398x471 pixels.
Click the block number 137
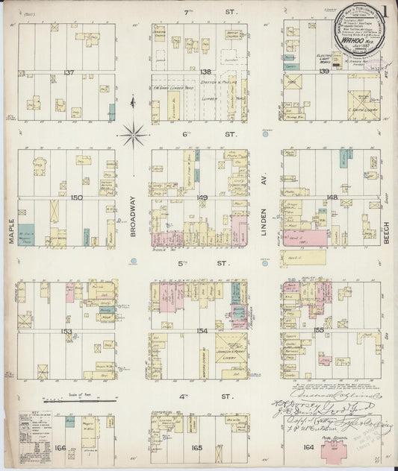[x=69, y=72]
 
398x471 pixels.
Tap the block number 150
[x=76, y=197]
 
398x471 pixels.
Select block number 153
[x=67, y=331]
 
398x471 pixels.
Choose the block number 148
[x=332, y=197]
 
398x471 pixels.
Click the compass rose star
[x=132, y=135]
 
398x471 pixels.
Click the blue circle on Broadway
[x=133, y=262]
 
